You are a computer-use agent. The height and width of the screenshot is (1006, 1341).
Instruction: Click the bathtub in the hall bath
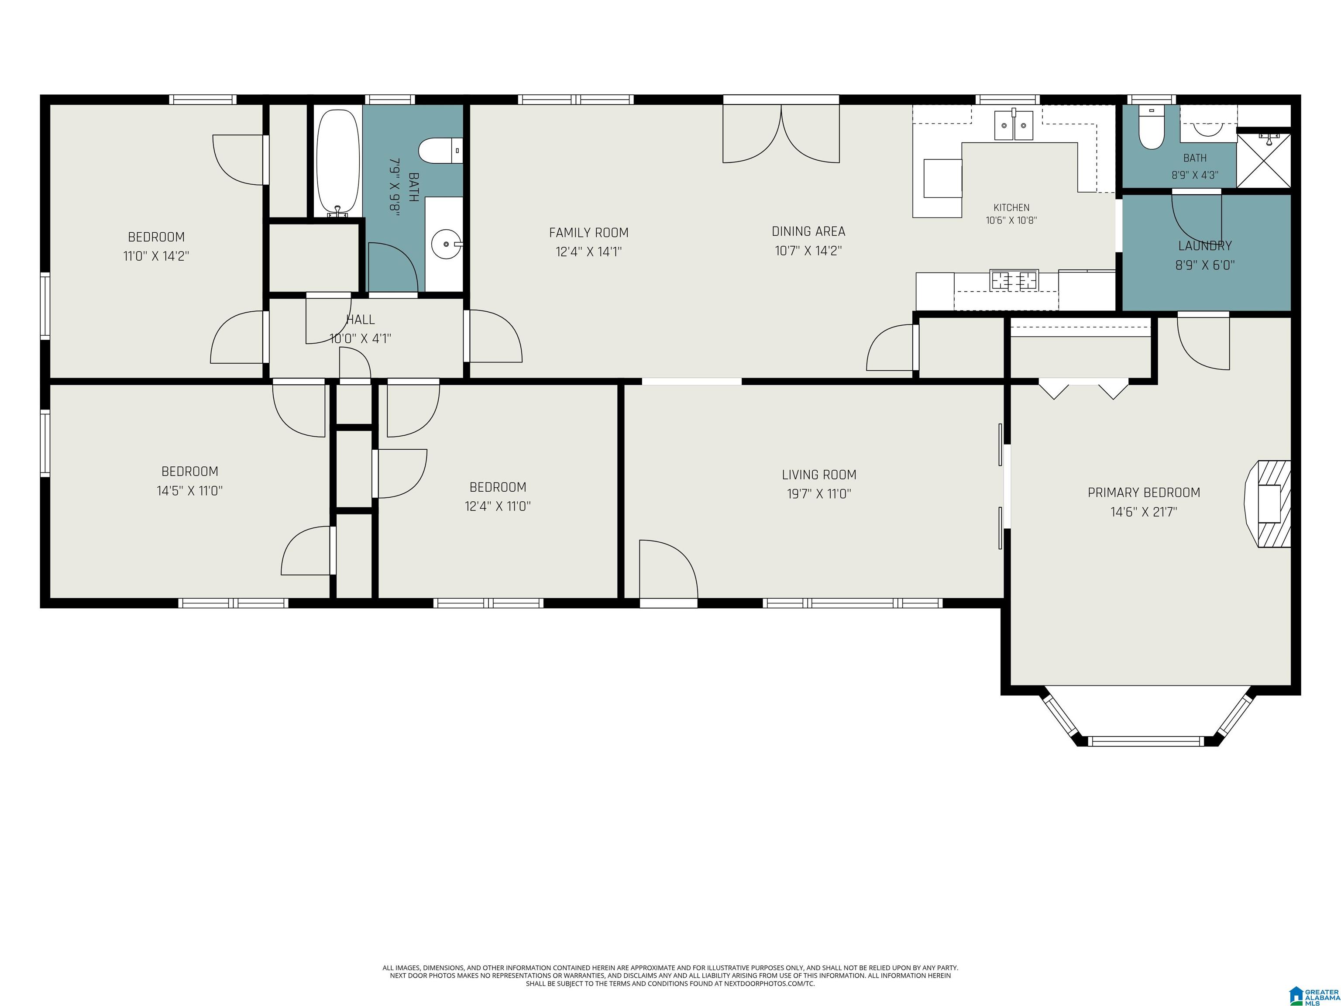(x=338, y=162)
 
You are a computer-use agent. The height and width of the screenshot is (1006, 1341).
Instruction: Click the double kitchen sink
(x=1014, y=125)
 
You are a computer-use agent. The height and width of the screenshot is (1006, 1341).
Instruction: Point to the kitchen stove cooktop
(x=1014, y=280)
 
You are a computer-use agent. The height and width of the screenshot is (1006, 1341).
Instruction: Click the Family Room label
(x=589, y=232)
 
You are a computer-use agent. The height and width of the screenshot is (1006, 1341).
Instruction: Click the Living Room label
(x=819, y=475)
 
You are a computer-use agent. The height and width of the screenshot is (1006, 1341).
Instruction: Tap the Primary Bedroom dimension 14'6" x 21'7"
(x=1144, y=512)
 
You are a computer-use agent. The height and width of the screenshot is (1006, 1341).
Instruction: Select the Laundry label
(x=1205, y=245)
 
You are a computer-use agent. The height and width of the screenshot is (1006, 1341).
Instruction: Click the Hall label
(x=361, y=320)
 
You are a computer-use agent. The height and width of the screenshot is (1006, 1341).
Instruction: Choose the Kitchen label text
(x=1011, y=207)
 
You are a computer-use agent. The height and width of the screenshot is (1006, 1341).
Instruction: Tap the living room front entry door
(x=669, y=572)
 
